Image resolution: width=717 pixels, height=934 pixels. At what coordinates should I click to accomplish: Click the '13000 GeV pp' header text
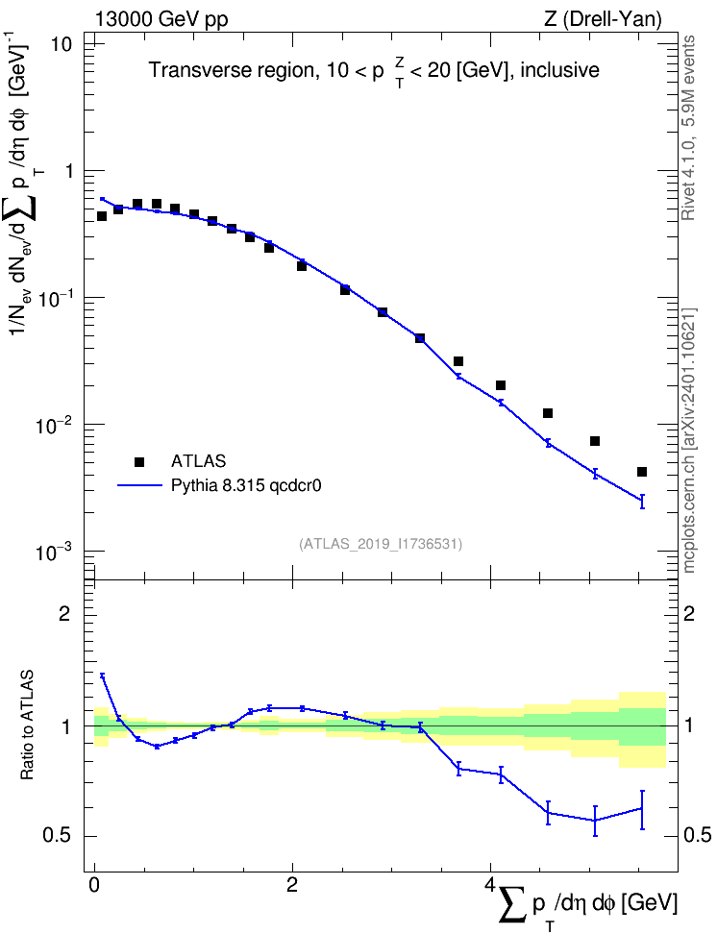click(x=161, y=20)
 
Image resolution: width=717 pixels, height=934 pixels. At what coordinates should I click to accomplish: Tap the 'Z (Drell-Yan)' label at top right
click(x=603, y=19)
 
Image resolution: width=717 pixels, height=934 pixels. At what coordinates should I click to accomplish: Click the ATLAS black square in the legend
click(x=139, y=461)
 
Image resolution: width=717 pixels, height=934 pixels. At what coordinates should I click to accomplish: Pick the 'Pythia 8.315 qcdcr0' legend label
click(x=246, y=486)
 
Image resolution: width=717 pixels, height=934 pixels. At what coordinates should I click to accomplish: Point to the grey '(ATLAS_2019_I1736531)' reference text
click(x=381, y=543)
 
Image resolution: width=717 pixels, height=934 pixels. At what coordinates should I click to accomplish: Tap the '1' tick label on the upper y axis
click(x=68, y=171)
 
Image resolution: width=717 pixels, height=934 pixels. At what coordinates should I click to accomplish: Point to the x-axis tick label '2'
click(x=292, y=884)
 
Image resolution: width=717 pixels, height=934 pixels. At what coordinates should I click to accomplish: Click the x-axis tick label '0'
click(x=94, y=884)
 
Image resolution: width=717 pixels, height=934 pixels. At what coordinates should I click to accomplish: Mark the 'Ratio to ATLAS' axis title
click(x=27, y=725)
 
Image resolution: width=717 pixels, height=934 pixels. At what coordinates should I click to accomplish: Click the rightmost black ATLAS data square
click(x=642, y=472)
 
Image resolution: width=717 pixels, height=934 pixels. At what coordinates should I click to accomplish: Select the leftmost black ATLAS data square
click(x=102, y=216)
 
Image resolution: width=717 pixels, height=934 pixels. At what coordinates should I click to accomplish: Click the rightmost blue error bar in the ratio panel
click(x=642, y=809)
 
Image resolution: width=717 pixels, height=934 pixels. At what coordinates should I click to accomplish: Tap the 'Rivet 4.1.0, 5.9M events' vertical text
click(x=689, y=128)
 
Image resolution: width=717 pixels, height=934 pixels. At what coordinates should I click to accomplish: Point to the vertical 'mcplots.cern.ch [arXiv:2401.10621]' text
click(x=689, y=441)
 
